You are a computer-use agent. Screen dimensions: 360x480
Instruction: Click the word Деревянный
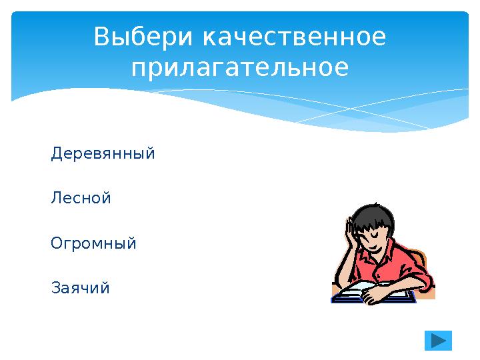click(x=103, y=154)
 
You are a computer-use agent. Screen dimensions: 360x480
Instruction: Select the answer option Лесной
click(x=81, y=199)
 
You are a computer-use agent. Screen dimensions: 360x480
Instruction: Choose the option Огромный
click(x=93, y=244)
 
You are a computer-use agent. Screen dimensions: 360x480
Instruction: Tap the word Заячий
click(x=80, y=289)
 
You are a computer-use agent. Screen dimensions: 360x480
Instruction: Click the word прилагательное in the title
click(x=240, y=68)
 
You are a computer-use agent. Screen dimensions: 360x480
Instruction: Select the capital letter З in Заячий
click(x=55, y=289)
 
